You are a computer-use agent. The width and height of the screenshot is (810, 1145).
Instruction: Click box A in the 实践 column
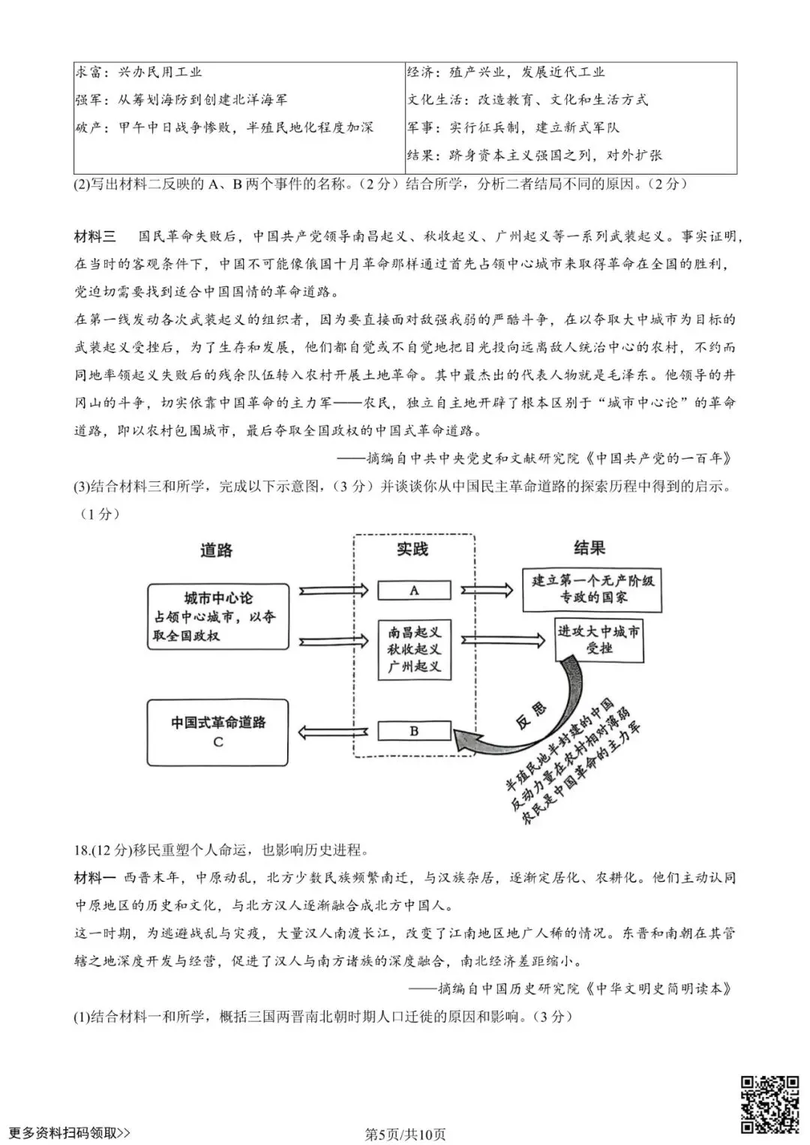414,591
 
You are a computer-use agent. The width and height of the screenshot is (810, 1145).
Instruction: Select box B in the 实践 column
414,731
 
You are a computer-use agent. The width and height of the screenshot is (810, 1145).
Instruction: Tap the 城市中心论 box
217,616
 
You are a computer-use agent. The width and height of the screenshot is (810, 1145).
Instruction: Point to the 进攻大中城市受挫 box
599,640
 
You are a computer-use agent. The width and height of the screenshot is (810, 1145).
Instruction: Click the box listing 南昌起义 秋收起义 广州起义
414,649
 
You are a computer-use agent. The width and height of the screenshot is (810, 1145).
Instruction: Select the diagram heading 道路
216,550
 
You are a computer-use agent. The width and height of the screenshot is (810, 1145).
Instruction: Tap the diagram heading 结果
589,548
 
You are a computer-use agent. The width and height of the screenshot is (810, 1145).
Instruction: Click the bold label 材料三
95,237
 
